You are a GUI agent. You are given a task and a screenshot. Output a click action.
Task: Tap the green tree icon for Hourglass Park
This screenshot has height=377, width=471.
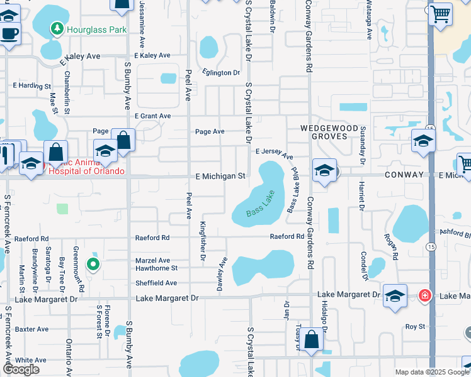coord(57,28)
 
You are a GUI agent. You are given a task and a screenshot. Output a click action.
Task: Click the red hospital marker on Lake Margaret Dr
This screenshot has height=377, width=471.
coord(425,295)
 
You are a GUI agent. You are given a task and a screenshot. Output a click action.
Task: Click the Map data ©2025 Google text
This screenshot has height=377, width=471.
coord(432,372)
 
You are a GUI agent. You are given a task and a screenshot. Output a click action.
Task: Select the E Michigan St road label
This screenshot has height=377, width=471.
coord(220,177)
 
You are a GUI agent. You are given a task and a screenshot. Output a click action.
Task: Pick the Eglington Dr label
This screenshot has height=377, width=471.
coord(221,73)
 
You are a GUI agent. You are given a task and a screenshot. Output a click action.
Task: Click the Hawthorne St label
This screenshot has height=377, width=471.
coord(157,268)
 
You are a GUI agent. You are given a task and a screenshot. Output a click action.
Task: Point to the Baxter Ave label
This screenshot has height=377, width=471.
coord(31,329)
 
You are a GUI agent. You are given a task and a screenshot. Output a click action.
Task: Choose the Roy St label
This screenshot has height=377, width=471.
coord(416,327)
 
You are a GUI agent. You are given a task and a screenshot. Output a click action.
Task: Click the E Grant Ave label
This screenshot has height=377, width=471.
coord(152,116)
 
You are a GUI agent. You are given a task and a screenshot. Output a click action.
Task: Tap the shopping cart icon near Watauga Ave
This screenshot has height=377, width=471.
coord(441,13)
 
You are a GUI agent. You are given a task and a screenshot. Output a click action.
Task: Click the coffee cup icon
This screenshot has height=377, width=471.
coord(9,33)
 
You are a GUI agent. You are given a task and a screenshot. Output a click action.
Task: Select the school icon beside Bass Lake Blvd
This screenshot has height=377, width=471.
coord(324,171)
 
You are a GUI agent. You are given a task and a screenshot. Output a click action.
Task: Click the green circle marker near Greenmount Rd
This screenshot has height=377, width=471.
coord(93,265)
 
